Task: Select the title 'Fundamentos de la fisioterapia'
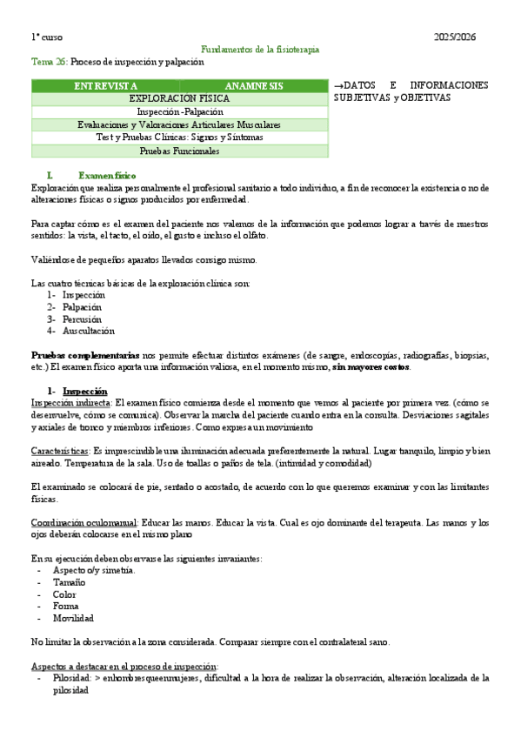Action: coord(260,50)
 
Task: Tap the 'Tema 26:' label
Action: coord(49,63)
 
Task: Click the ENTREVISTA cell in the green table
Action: coord(105,86)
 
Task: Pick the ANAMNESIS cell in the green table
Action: coord(253,86)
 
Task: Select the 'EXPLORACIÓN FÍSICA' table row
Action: coord(180,99)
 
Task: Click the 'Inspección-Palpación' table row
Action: coord(180,112)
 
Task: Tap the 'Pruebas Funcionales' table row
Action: coord(180,151)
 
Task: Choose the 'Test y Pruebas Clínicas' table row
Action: coord(180,138)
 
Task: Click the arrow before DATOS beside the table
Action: coord(338,85)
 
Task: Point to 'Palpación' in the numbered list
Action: coord(82,307)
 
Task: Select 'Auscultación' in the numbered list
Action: coord(88,331)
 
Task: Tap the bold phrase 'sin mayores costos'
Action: coord(371,366)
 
